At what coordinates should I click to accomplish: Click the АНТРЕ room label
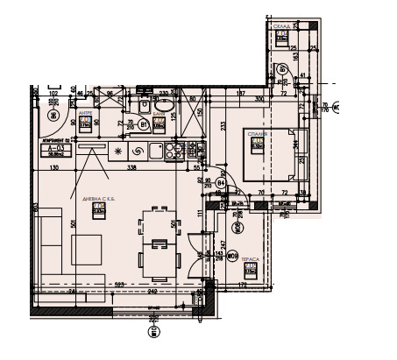click(85, 114)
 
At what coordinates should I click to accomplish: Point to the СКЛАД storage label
click(282, 28)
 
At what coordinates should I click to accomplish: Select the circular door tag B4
click(221, 183)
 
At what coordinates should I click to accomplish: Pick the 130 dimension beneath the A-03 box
click(54, 166)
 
